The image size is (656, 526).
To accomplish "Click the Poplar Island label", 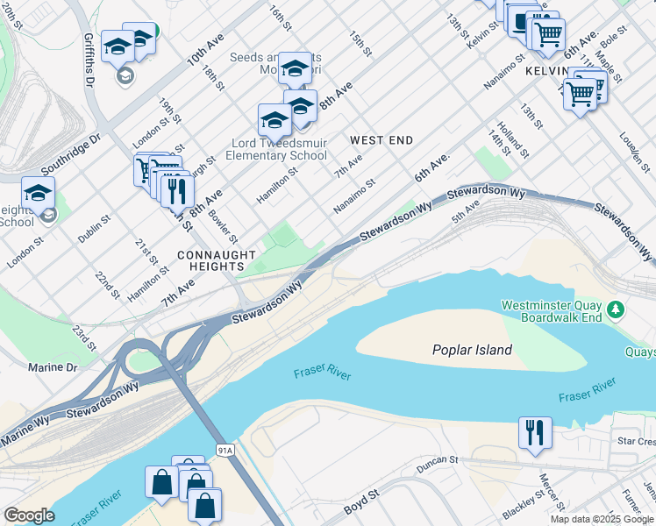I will coord(472,350).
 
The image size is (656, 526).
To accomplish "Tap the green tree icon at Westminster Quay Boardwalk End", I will coord(617,309).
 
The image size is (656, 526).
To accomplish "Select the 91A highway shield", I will coord(225,450).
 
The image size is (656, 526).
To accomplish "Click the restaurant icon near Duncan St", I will coord(535,432).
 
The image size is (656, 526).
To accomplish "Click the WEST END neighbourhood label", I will coord(381,140).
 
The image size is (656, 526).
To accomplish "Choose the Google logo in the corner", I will coord(29,515).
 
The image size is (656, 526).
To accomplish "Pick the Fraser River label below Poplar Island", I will coord(322,376).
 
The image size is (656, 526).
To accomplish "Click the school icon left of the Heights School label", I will coord(38,194).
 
